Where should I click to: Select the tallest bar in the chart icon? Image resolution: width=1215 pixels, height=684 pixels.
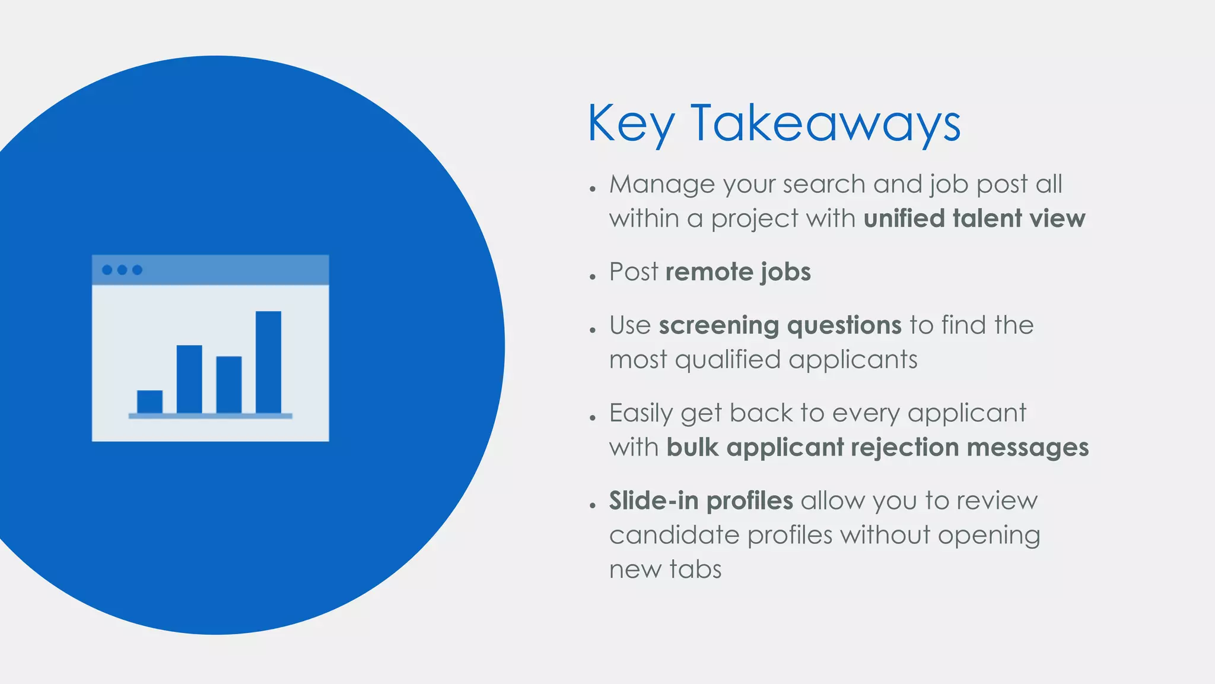[268, 362]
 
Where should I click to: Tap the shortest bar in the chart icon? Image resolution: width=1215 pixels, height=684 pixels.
[150, 401]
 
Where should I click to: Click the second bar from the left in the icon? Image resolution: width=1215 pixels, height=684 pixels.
[189, 379]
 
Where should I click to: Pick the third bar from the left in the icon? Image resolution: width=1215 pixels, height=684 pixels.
[229, 384]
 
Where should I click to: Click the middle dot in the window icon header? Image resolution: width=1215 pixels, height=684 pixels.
[122, 270]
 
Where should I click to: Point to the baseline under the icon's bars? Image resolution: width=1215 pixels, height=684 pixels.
[211, 416]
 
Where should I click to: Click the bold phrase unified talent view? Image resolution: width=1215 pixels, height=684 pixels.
[974, 218]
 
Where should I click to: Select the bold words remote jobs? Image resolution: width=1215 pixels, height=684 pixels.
[738, 272]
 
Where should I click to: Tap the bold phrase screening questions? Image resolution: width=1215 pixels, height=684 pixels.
[780, 325]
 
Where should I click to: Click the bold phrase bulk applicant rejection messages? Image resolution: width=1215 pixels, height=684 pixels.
[877, 447]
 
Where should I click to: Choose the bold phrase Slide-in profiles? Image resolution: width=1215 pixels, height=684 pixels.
[701, 501]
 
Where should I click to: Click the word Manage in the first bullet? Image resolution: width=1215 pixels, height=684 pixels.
[663, 185]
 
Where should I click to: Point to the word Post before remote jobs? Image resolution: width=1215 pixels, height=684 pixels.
[634, 272]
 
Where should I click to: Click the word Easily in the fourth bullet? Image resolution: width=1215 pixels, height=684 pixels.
[641, 413]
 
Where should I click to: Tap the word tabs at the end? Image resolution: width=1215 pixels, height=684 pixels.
[695, 569]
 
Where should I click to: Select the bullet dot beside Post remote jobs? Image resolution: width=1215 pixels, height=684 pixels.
[592, 277]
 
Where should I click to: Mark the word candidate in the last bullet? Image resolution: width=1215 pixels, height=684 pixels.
[674, 535]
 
